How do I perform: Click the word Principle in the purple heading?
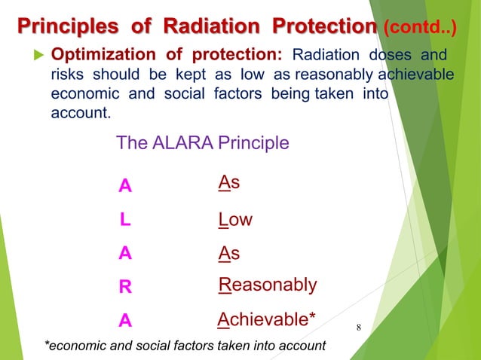[252, 142]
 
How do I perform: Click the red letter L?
[124, 220]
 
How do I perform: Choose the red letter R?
[125, 287]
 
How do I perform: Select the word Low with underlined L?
[235, 220]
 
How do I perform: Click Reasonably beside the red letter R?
[268, 286]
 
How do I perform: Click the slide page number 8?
[358, 328]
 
